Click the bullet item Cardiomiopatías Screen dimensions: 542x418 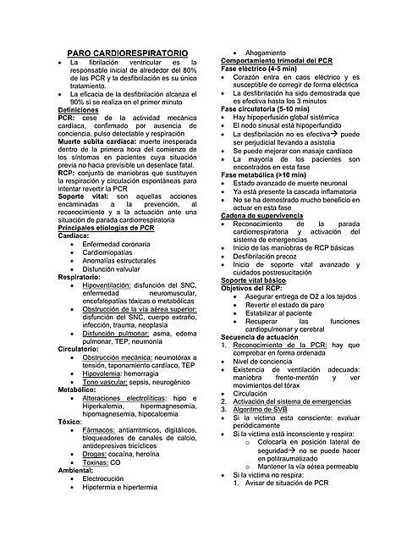[116, 252]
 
